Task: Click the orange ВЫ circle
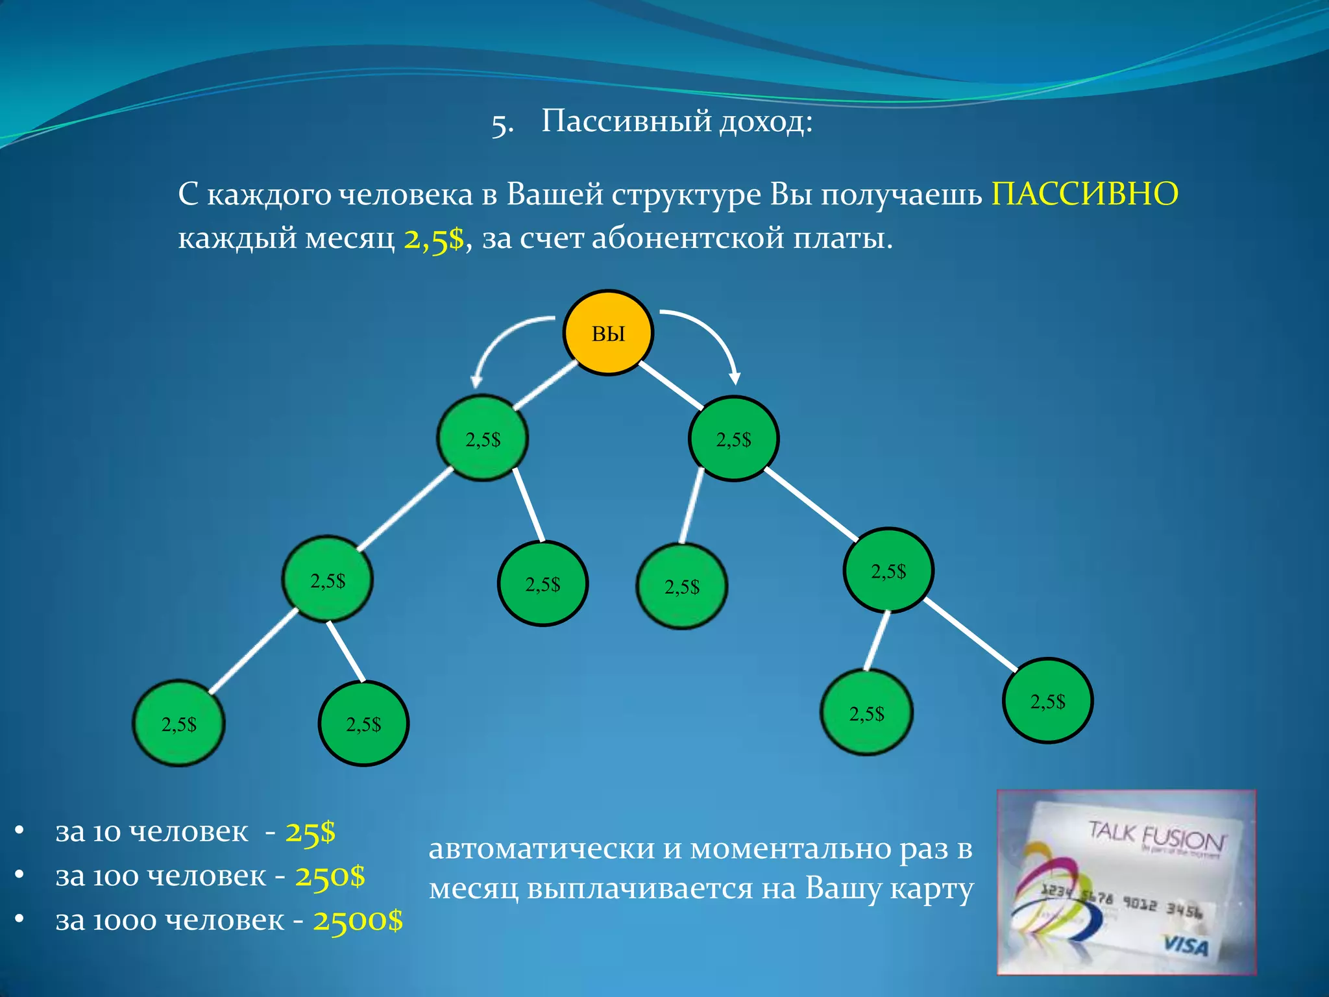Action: click(608, 333)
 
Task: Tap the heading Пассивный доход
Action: click(677, 121)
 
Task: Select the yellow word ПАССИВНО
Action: click(1084, 194)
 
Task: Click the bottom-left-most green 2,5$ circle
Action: click(178, 723)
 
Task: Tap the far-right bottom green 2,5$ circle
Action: click(1047, 700)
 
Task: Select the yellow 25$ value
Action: click(310, 831)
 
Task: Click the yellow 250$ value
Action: click(330, 876)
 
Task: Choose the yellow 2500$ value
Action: click(358, 920)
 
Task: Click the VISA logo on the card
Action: click(1185, 946)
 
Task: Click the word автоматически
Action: click(541, 849)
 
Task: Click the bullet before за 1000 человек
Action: click(19, 919)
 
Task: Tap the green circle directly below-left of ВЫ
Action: click(483, 438)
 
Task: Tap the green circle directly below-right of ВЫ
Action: click(733, 439)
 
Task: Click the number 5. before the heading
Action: click(502, 124)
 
